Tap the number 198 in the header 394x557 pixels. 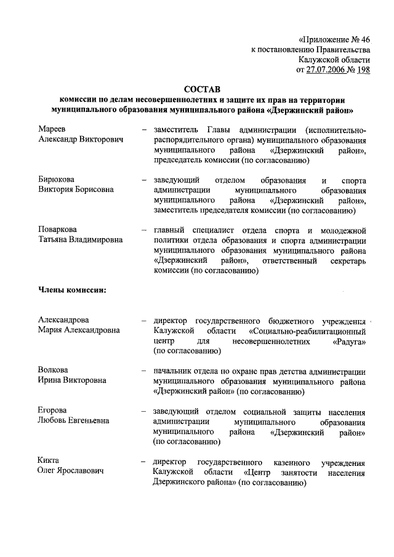click(362, 70)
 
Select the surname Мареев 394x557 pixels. click(52, 129)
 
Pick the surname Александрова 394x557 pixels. click(63, 320)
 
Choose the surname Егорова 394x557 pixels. click(52, 410)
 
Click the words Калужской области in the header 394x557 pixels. click(334, 60)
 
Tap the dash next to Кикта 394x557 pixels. click(143, 461)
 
